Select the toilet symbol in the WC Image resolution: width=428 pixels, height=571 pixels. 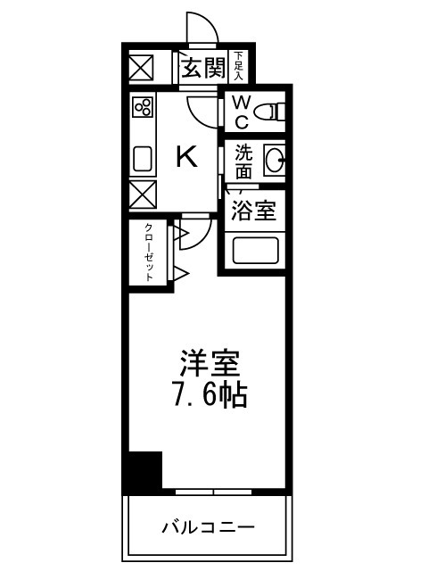(x=268, y=112)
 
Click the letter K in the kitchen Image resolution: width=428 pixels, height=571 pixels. (x=185, y=158)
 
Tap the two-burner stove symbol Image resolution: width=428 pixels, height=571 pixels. (x=142, y=108)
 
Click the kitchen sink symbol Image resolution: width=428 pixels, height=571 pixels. (x=143, y=159)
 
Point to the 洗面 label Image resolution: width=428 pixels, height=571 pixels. (x=243, y=161)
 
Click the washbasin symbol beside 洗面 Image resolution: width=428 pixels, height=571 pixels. (x=275, y=161)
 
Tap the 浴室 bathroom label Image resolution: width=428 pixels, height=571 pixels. (x=253, y=211)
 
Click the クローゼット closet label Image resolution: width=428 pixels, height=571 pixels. (x=149, y=252)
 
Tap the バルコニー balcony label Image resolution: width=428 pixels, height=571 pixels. (x=208, y=526)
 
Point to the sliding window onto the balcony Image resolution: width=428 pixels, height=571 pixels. (x=213, y=492)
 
